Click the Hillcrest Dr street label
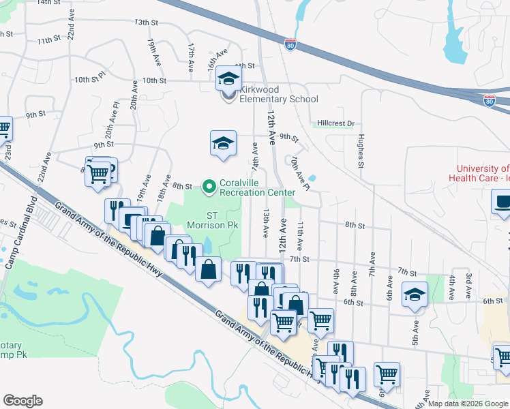336,123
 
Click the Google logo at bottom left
22,401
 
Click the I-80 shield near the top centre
290,44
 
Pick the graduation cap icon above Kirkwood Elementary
229,78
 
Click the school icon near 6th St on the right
414,294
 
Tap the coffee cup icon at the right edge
502,202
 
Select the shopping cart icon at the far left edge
3,127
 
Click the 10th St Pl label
90,80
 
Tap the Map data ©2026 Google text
466,404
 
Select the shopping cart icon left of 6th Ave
387,374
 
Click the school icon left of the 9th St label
223,143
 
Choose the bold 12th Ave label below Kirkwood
271,127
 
